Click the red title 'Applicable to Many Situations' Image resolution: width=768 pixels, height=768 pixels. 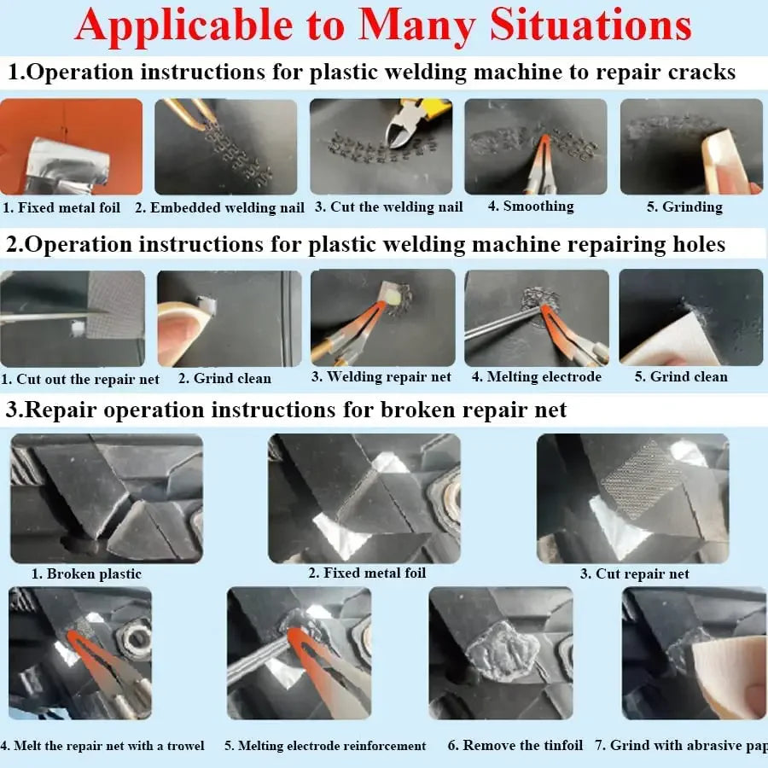tap(383, 25)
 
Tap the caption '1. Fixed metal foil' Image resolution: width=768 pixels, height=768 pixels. tap(61, 207)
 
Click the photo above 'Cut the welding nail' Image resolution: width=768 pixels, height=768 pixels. tap(381, 147)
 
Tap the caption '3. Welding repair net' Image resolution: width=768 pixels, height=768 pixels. tap(381, 376)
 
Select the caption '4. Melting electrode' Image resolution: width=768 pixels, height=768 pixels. tap(537, 376)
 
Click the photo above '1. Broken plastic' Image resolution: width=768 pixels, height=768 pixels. tap(107, 498)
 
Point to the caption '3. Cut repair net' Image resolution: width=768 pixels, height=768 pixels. tap(635, 573)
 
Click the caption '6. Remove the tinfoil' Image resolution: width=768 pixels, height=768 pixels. tap(515, 745)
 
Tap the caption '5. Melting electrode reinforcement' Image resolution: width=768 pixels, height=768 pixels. tap(325, 746)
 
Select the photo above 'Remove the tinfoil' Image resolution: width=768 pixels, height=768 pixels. tap(501, 653)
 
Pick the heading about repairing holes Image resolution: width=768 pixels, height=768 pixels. tap(366, 245)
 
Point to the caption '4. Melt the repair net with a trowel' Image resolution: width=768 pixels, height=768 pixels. tap(102, 746)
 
